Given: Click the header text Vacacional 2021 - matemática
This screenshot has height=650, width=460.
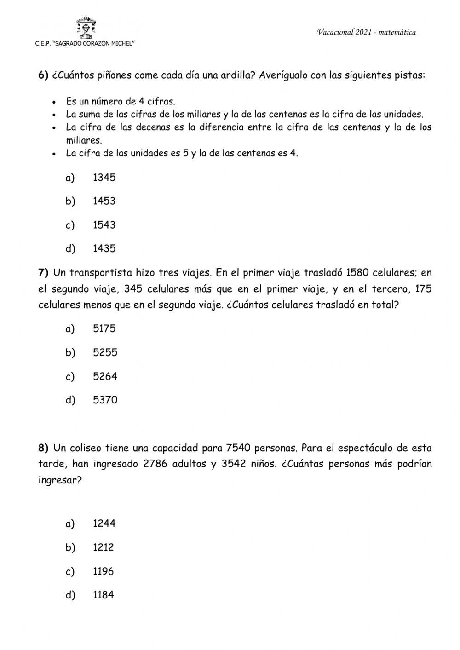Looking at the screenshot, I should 366,32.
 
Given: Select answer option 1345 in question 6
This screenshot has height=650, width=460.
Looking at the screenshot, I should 104,178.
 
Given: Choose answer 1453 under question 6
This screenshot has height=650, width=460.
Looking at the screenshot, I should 104,201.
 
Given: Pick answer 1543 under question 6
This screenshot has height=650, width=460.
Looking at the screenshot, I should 104,225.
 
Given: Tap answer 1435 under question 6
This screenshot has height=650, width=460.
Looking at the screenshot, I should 104,249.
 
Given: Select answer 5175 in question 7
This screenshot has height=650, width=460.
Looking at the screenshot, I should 104,328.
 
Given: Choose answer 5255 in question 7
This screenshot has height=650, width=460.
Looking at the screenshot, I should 105,352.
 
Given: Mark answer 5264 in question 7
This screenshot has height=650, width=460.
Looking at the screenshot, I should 105,376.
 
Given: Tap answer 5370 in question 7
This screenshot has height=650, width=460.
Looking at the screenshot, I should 105,400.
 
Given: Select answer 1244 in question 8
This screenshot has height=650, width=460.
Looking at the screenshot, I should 104,523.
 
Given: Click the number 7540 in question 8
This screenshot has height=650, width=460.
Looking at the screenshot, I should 239,448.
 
